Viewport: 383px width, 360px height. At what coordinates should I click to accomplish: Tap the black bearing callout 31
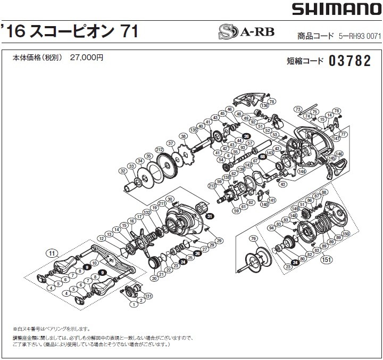click(210, 216)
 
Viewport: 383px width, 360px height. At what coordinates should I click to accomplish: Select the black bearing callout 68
click(262, 157)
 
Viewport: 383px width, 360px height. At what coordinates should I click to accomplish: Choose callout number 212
click(159, 150)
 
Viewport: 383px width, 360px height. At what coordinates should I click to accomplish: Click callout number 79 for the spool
click(253, 238)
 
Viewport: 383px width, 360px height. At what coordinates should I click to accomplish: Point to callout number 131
click(148, 296)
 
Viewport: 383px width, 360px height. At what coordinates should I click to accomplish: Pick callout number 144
click(302, 172)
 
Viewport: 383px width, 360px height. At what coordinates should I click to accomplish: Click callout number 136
click(264, 105)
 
